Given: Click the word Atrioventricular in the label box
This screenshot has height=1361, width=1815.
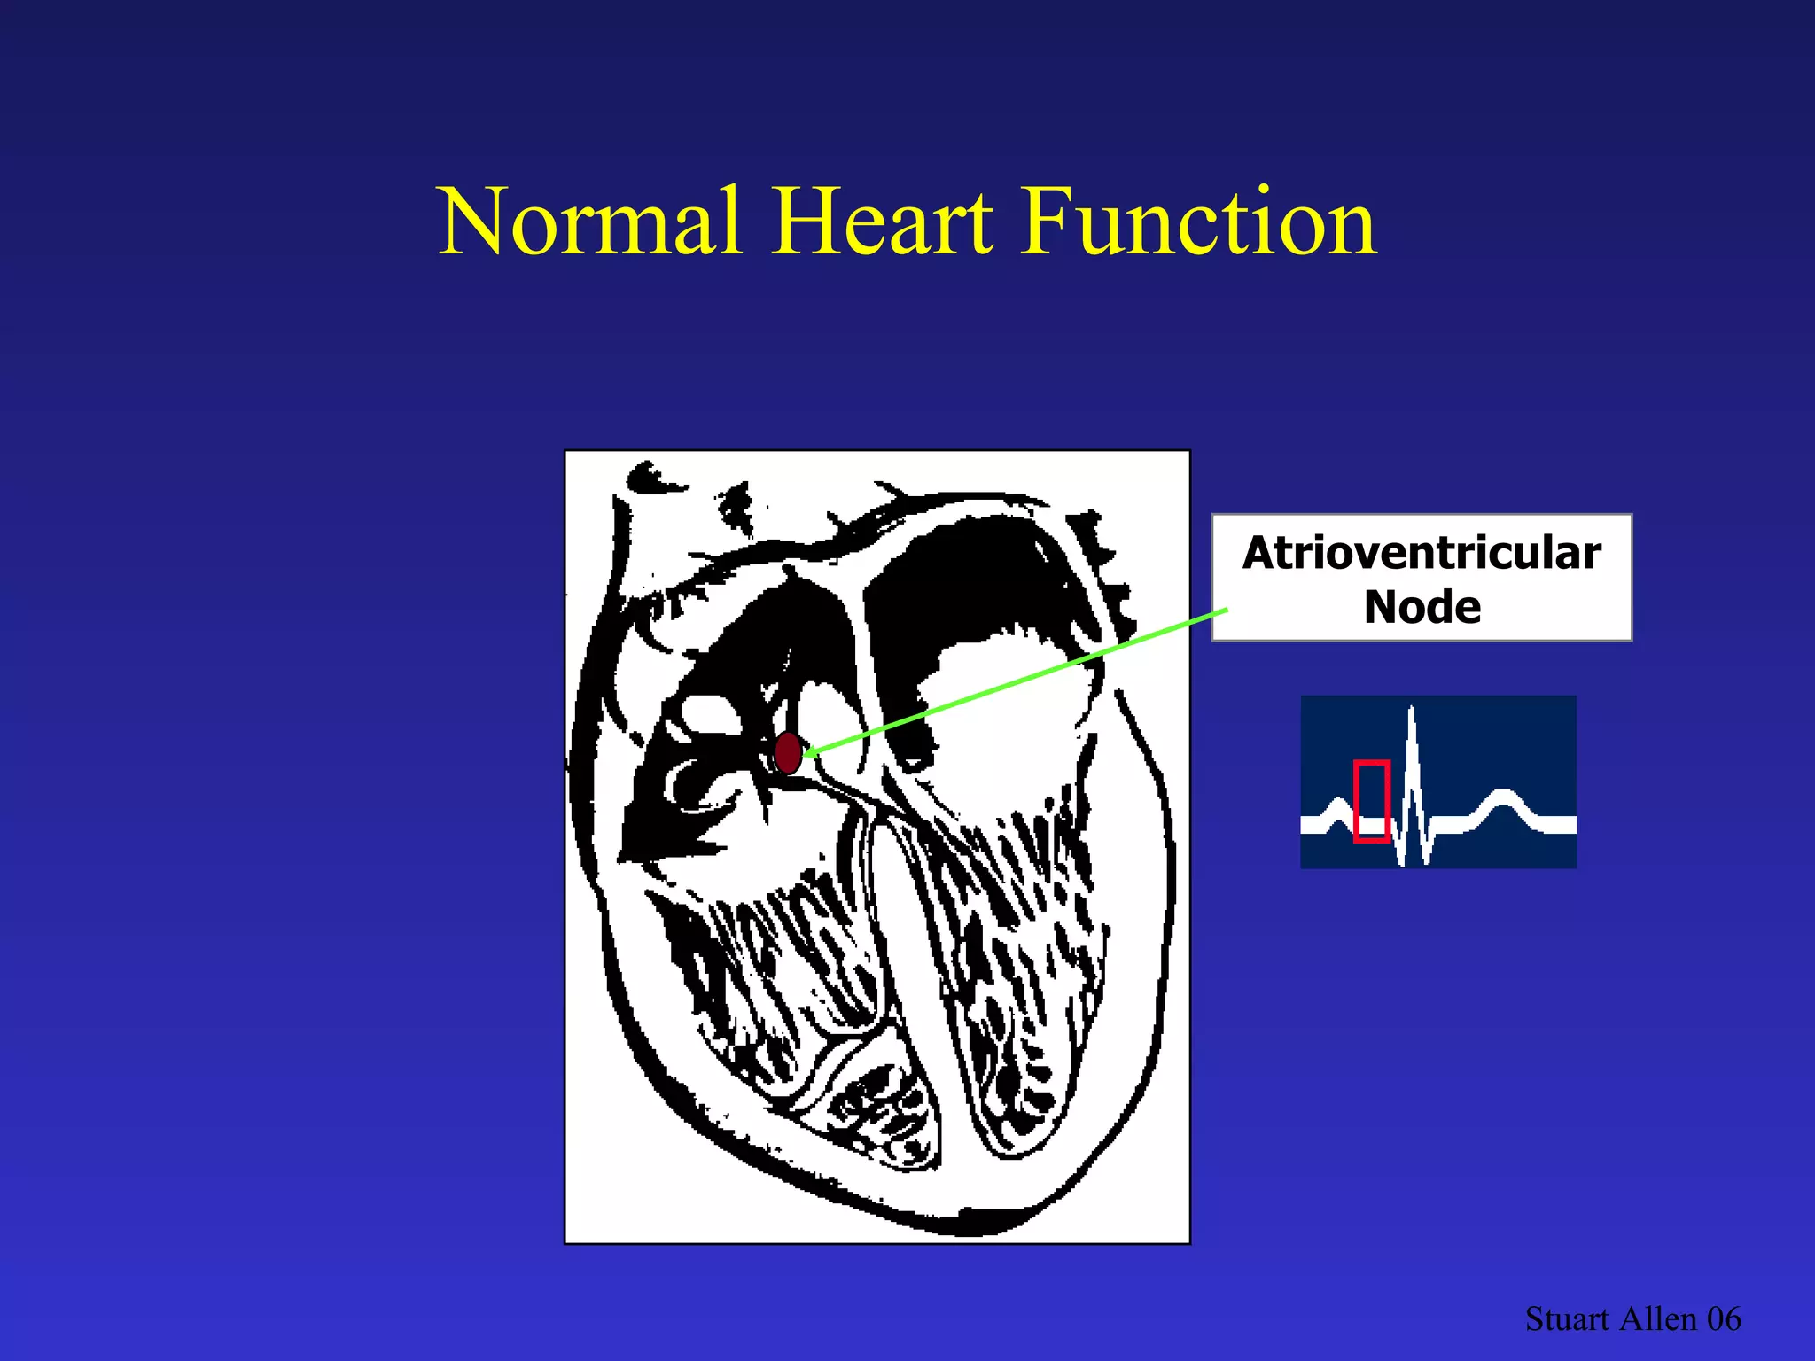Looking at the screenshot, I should coord(1422,553).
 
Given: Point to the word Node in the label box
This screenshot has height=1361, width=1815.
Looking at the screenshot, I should coord(1422,608).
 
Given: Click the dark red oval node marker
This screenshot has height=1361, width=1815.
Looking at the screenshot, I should coord(788,753).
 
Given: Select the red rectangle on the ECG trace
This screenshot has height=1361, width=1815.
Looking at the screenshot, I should coord(1371,800).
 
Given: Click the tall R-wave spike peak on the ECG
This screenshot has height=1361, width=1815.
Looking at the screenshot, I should coord(1411,709).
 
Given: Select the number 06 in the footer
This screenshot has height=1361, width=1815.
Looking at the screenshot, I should coord(1724,1319).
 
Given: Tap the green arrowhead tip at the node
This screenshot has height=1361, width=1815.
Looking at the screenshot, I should coord(808,754).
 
